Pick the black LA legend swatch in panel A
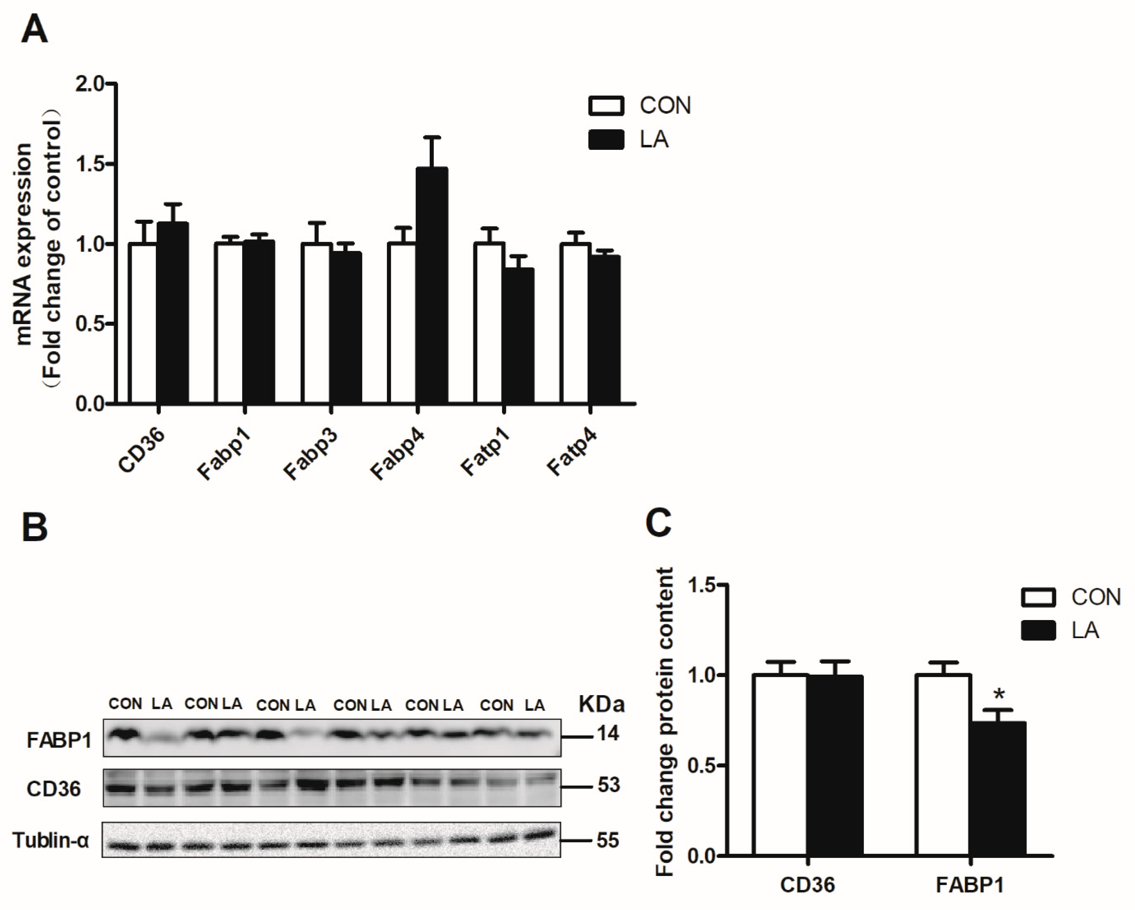606,140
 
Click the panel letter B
35,527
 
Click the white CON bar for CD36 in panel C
780,764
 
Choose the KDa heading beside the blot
601,704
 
